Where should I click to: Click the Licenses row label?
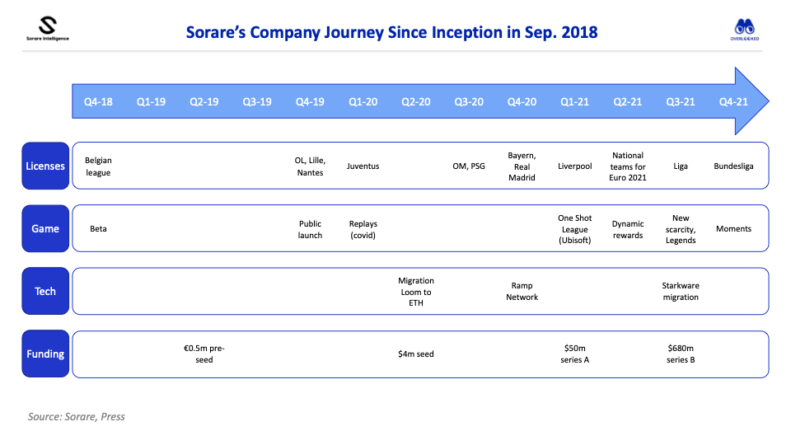pyautogui.click(x=45, y=166)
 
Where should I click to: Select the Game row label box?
pyautogui.click(x=45, y=228)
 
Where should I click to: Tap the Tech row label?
pyautogui.click(x=45, y=291)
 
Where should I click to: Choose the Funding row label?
pyautogui.click(x=45, y=354)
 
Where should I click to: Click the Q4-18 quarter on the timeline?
pyautogui.click(x=98, y=101)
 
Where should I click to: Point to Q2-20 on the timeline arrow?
pyautogui.click(x=416, y=101)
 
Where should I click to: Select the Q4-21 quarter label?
pyautogui.click(x=733, y=101)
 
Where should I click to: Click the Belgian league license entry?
pyautogui.click(x=98, y=166)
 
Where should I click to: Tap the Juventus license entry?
pyautogui.click(x=363, y=166)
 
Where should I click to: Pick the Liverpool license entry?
pyautogui.click(x=574, y=166)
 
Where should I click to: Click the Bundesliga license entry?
pyautogui.click(x=733, y=166)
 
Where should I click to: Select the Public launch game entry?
pyautogui.click(x=310, y=229)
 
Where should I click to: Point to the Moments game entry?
pyautogui.click(x=733, y=228)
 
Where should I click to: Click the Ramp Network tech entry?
pyautogui.click(x=522, y=292)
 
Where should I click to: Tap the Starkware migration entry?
pyautogui.click(x=681, y=292)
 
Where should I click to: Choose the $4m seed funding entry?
pyautogui.click(x=416, y=354)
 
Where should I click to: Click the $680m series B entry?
pyautogui.click(x=681, y=354)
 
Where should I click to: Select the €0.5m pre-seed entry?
pyautogui.click(x=204, y=354)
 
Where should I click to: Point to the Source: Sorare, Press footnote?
pyautogui.click(x=77, y=416)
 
